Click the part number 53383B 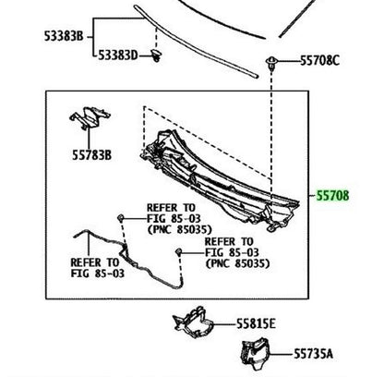[64, 36]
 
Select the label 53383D [118, 55]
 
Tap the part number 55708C [319, 61]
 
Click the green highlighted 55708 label [333, 196]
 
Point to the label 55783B [91, 155]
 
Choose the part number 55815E [256, 324]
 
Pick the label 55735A [313, 354]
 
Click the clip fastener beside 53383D [157, 55]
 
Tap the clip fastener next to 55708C [271, 63]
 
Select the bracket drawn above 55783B [89, 118]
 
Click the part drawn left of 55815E [193, 322]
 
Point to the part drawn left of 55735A [255, 354]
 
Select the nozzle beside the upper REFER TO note [121, 218]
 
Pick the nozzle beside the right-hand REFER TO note [178, 252]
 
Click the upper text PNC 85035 [180, 229]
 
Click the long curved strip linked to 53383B [196, 42]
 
